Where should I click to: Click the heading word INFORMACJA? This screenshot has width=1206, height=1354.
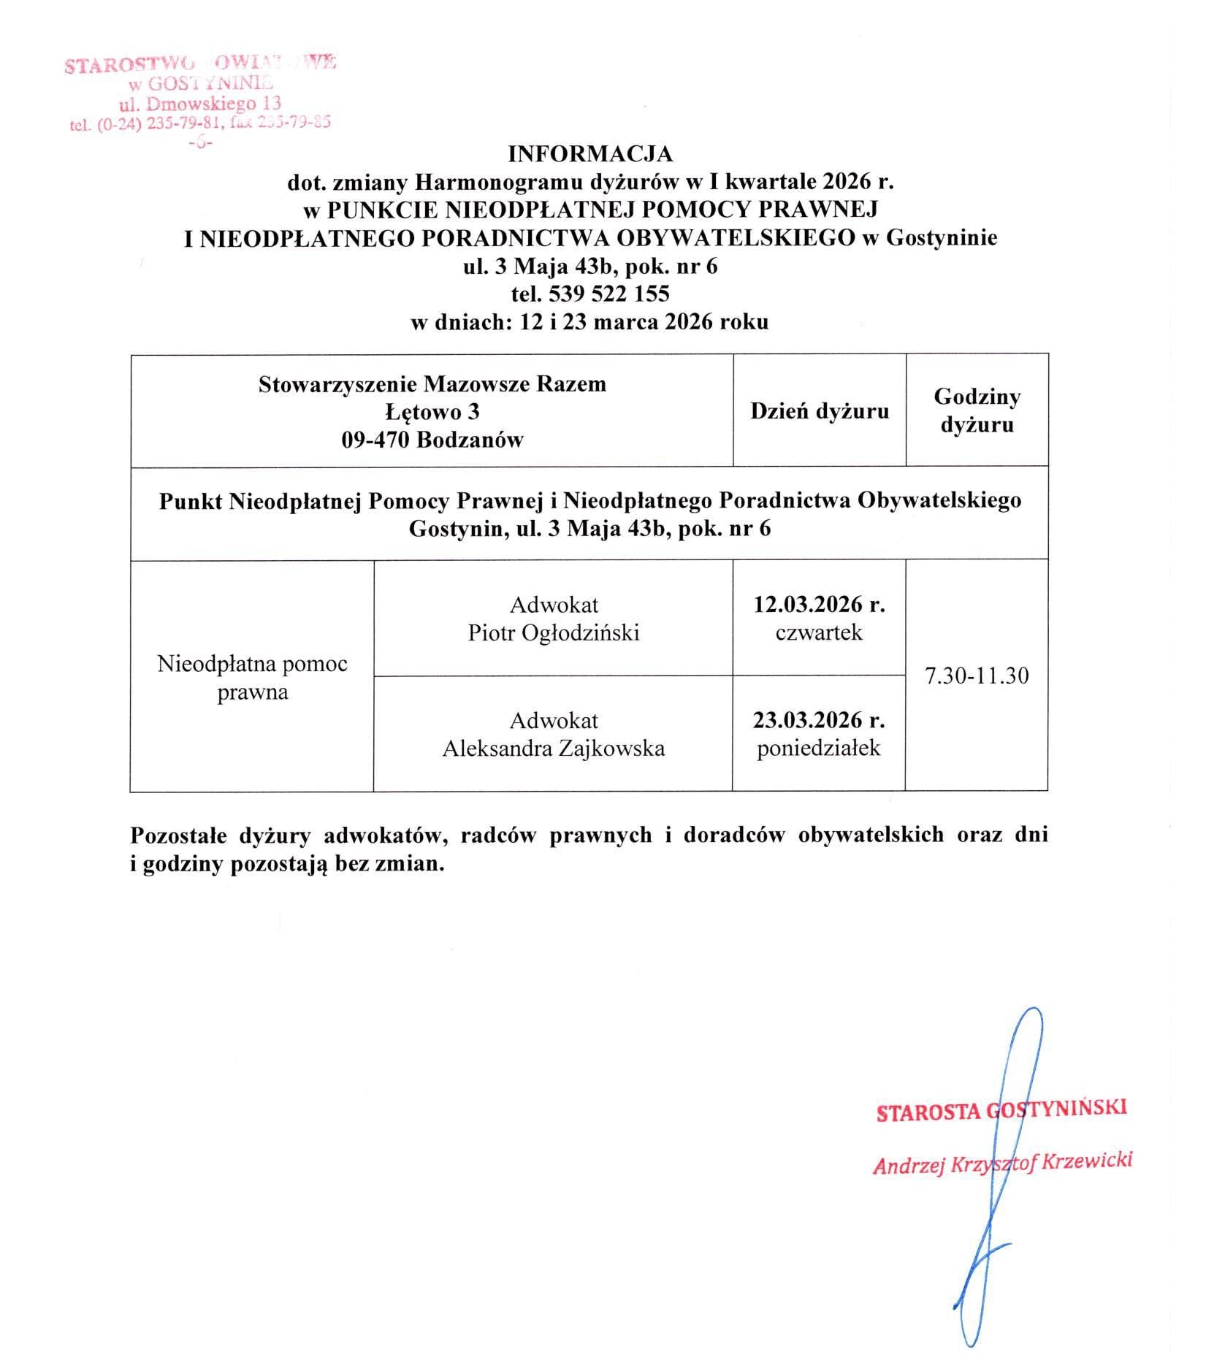[590, 154]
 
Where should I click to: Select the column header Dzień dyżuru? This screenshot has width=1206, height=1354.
[819, 411]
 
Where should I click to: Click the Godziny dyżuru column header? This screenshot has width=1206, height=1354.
[977, 410]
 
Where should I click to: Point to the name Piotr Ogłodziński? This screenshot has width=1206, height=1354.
[554, 632]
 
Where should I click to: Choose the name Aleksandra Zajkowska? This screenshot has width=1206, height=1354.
[554, 749]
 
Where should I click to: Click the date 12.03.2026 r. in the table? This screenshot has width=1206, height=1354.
[819, 605]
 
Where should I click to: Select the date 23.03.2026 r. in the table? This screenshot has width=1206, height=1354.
[819, 721]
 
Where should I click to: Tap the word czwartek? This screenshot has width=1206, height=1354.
[819, 632]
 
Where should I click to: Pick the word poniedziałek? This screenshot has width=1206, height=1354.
[819, 749]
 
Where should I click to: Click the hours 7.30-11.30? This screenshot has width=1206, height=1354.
[977, 676]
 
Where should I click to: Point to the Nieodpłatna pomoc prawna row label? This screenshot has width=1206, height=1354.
[253, 678]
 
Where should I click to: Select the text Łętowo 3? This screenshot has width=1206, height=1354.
[432, 412]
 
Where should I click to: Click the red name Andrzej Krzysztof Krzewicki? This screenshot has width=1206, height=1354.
[1002, 1163]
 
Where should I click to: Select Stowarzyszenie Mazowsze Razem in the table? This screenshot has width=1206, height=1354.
[432, 384]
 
